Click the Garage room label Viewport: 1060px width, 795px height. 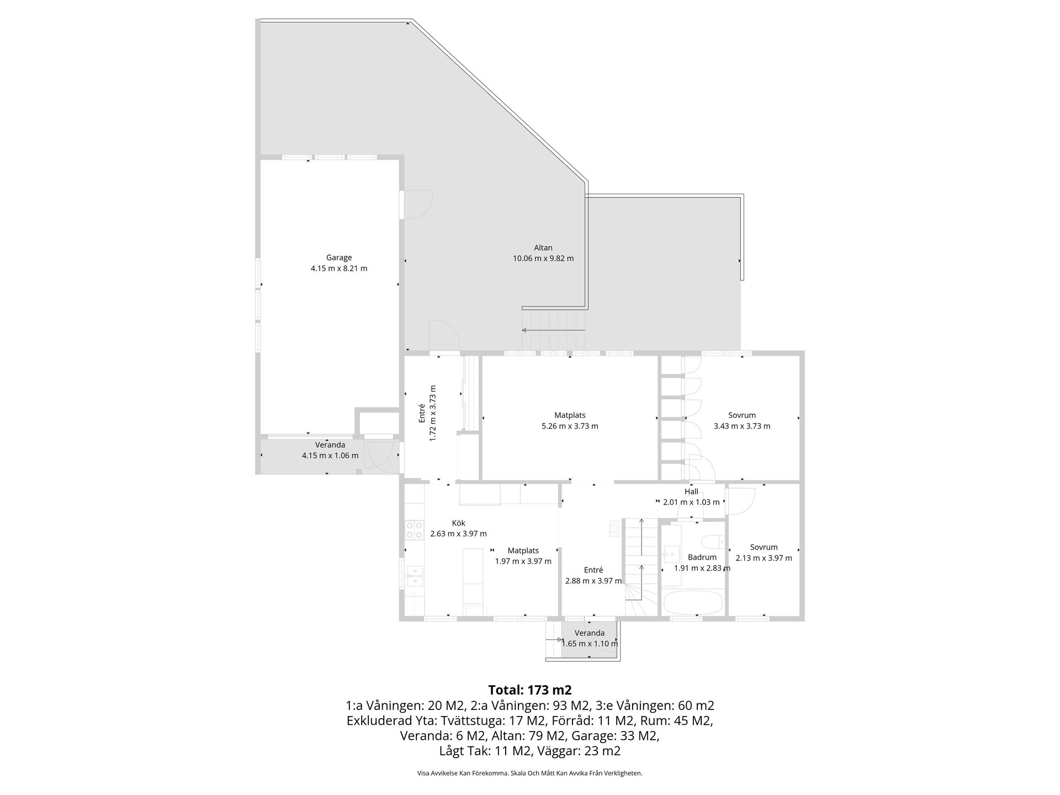338,258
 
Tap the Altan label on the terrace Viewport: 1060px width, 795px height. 543,248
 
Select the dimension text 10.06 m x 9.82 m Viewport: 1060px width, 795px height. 543,258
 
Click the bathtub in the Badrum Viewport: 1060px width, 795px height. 693,602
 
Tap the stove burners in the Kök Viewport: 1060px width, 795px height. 415,530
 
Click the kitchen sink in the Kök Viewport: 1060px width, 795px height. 415,576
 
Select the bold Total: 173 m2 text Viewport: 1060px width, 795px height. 530,690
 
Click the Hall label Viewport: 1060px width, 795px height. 691,491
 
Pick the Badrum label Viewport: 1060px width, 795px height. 702,558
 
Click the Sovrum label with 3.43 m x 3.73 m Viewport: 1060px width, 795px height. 742,415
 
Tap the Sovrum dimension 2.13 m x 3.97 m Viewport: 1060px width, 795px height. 764,558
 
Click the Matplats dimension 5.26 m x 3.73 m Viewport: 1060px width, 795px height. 570,426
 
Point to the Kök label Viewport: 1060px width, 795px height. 459,523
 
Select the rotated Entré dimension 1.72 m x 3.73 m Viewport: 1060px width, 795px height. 433,413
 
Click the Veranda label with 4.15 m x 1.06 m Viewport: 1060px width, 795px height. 330,445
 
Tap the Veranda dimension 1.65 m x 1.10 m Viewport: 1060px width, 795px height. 590,644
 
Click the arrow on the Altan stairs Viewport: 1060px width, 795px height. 553,331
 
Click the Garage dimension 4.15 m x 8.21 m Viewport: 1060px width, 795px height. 339,269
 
